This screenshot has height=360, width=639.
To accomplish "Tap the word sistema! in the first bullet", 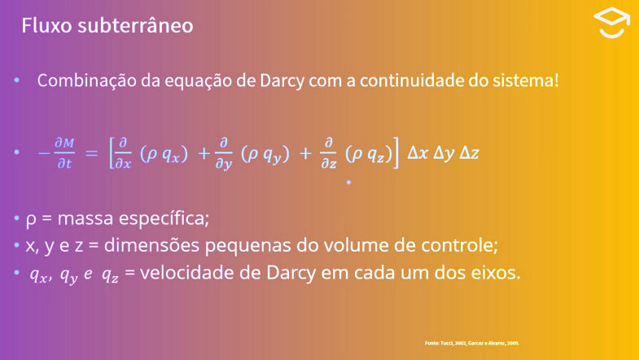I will (x=527, y=82).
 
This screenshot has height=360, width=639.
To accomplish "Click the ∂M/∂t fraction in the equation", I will (x=64, y=152).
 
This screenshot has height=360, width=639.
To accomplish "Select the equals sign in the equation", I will (x=91, y=152).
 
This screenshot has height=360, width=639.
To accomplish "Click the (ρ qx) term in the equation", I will (x=164, y=153).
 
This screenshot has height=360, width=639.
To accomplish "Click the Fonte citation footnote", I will (x=471, y=344).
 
